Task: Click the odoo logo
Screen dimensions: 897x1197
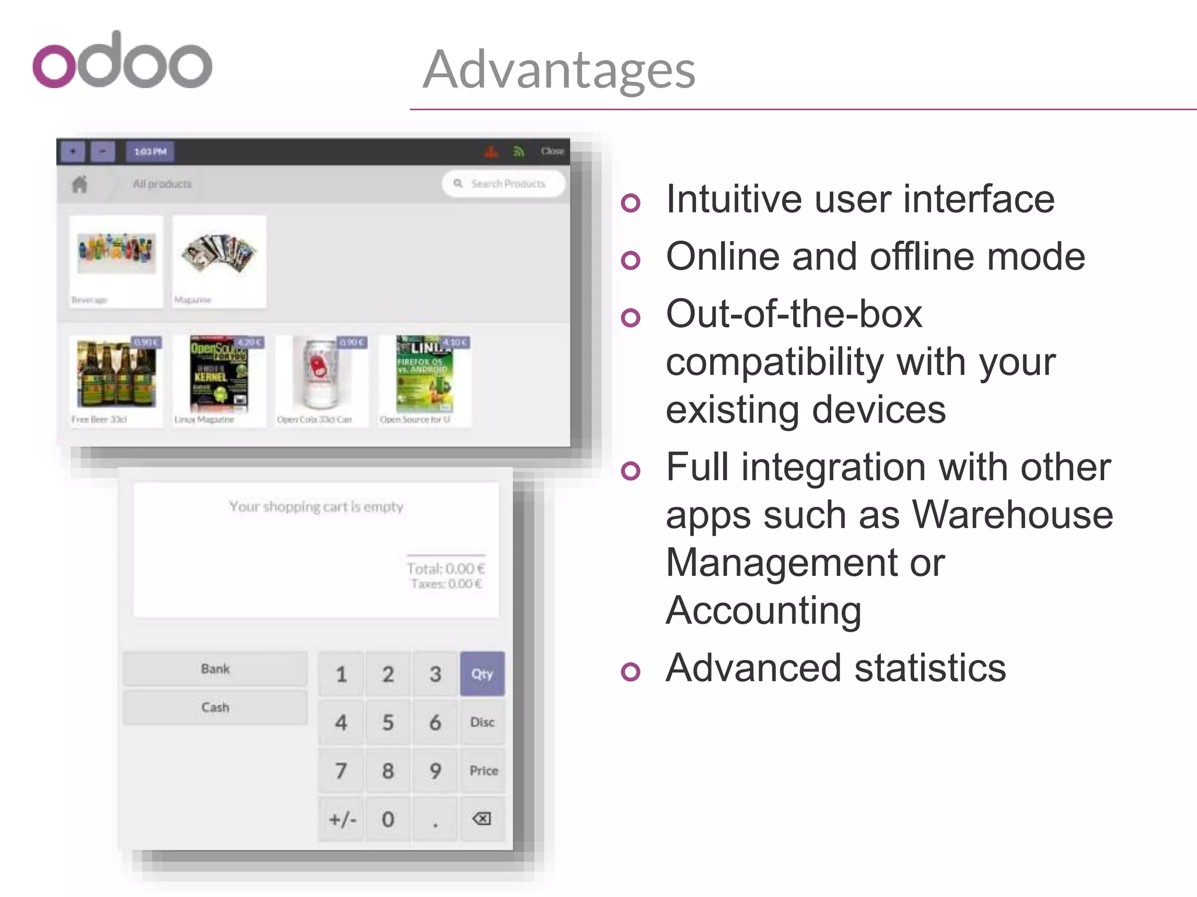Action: pyautogui.click(x=122, y=61)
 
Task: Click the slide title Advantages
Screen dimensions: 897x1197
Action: pyautogui.click(x=559, y=69)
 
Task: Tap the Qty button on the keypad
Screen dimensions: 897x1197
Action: pyautogui.click(x=482, y=674)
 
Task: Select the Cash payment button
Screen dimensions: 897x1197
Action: pyautogui.click(x=215, y=707)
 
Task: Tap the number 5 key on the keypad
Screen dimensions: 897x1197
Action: pyautogui.click(x=388, y=722)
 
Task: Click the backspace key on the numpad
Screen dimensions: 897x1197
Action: pyautogui.click(x=482, y=819)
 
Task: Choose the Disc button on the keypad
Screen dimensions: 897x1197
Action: pyautogui.click(x=482, y=722)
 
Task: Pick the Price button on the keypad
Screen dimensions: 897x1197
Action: pyautogui.click(x=483, y=771)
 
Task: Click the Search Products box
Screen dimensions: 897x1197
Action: pyautogui.click(x=504, y=184)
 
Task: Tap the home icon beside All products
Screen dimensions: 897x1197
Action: pyautogui.click(x=79, y=185)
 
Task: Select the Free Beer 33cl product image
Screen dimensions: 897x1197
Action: pyautogui.click(x=116, y=374)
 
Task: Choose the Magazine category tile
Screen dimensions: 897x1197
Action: pyautogui.click(x=219, y=261)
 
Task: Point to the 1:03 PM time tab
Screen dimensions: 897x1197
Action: pyautogui.click(x=150, y=152)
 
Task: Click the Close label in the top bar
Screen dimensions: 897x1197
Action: pyautogui.click(x=552, y=151)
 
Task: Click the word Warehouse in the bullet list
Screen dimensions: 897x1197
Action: pyautogui.click(x=1012, y=515)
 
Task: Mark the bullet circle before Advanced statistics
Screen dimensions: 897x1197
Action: pyautogui.click(x=631, y=671)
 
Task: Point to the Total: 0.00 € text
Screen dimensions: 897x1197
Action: pyautogui.click(x=445, y=568)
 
